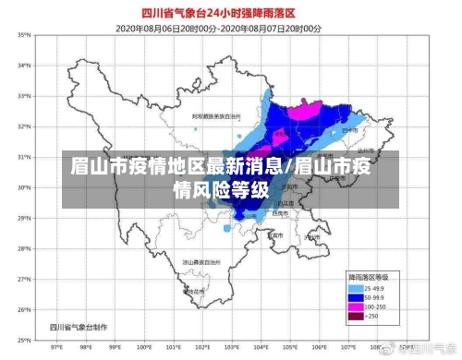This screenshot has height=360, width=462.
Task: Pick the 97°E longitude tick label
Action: coord(57,347)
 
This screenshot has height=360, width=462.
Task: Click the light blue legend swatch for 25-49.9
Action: coord(356,287)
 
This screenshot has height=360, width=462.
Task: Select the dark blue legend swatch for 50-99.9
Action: coord(356,296)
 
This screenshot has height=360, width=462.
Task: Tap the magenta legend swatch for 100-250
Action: coord(356,306)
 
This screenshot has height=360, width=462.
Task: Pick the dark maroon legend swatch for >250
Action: coord(356,317)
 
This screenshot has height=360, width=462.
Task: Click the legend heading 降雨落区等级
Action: coord(368,276)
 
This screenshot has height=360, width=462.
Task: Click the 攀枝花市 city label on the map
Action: coord(194,293)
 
